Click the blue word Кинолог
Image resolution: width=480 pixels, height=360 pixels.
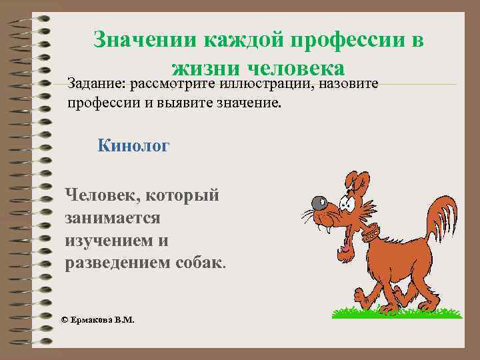tap(133, 145)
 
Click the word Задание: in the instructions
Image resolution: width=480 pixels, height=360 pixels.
tap(97, 84)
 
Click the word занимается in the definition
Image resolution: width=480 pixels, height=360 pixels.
tap(112, 217)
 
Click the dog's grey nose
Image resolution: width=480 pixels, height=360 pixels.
tap(318, 201)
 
